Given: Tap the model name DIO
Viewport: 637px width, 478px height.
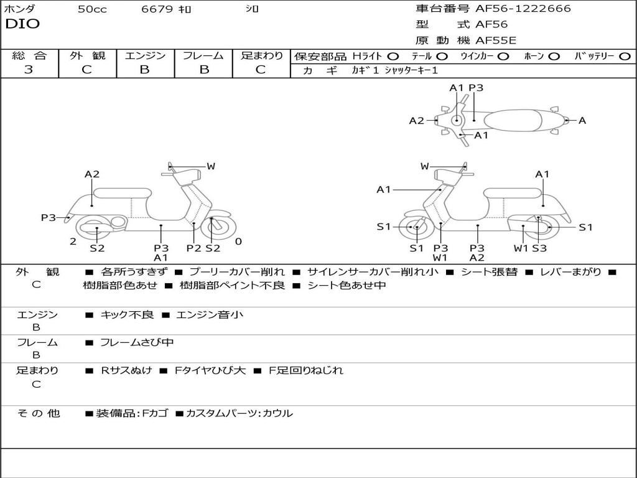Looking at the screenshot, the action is click(x=22, y=24).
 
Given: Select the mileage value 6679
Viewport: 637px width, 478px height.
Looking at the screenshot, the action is click(x=157, y=9).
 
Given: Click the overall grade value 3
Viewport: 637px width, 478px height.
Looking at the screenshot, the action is click(x=29, y=70).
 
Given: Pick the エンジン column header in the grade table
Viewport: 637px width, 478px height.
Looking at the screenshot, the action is click(x=145, y=55).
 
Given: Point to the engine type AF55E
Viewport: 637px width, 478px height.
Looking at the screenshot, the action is click(x=495, y=40).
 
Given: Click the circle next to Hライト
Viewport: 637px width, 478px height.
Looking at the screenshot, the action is click(x=393, y=56).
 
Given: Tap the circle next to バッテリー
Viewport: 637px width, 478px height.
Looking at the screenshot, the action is click(x=625, y=56).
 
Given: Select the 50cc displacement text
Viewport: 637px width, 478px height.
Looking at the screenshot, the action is click(x=92, y=9).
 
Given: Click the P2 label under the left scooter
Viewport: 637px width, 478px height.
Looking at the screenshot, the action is click(x=194, y=248).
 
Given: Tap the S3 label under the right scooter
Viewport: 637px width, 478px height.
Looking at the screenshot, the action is click(x=539, y=248).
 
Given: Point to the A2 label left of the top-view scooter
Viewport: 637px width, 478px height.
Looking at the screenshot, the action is click(x=416, y=121).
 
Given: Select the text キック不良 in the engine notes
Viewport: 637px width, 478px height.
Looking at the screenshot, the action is click(x=127, y=315).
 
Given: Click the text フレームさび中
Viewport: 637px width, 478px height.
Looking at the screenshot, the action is click(x=137, y=342).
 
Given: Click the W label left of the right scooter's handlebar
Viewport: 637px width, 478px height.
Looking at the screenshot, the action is click(x=425, y=166).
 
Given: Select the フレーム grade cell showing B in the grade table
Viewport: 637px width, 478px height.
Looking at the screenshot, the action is click(x=204, y=70).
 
